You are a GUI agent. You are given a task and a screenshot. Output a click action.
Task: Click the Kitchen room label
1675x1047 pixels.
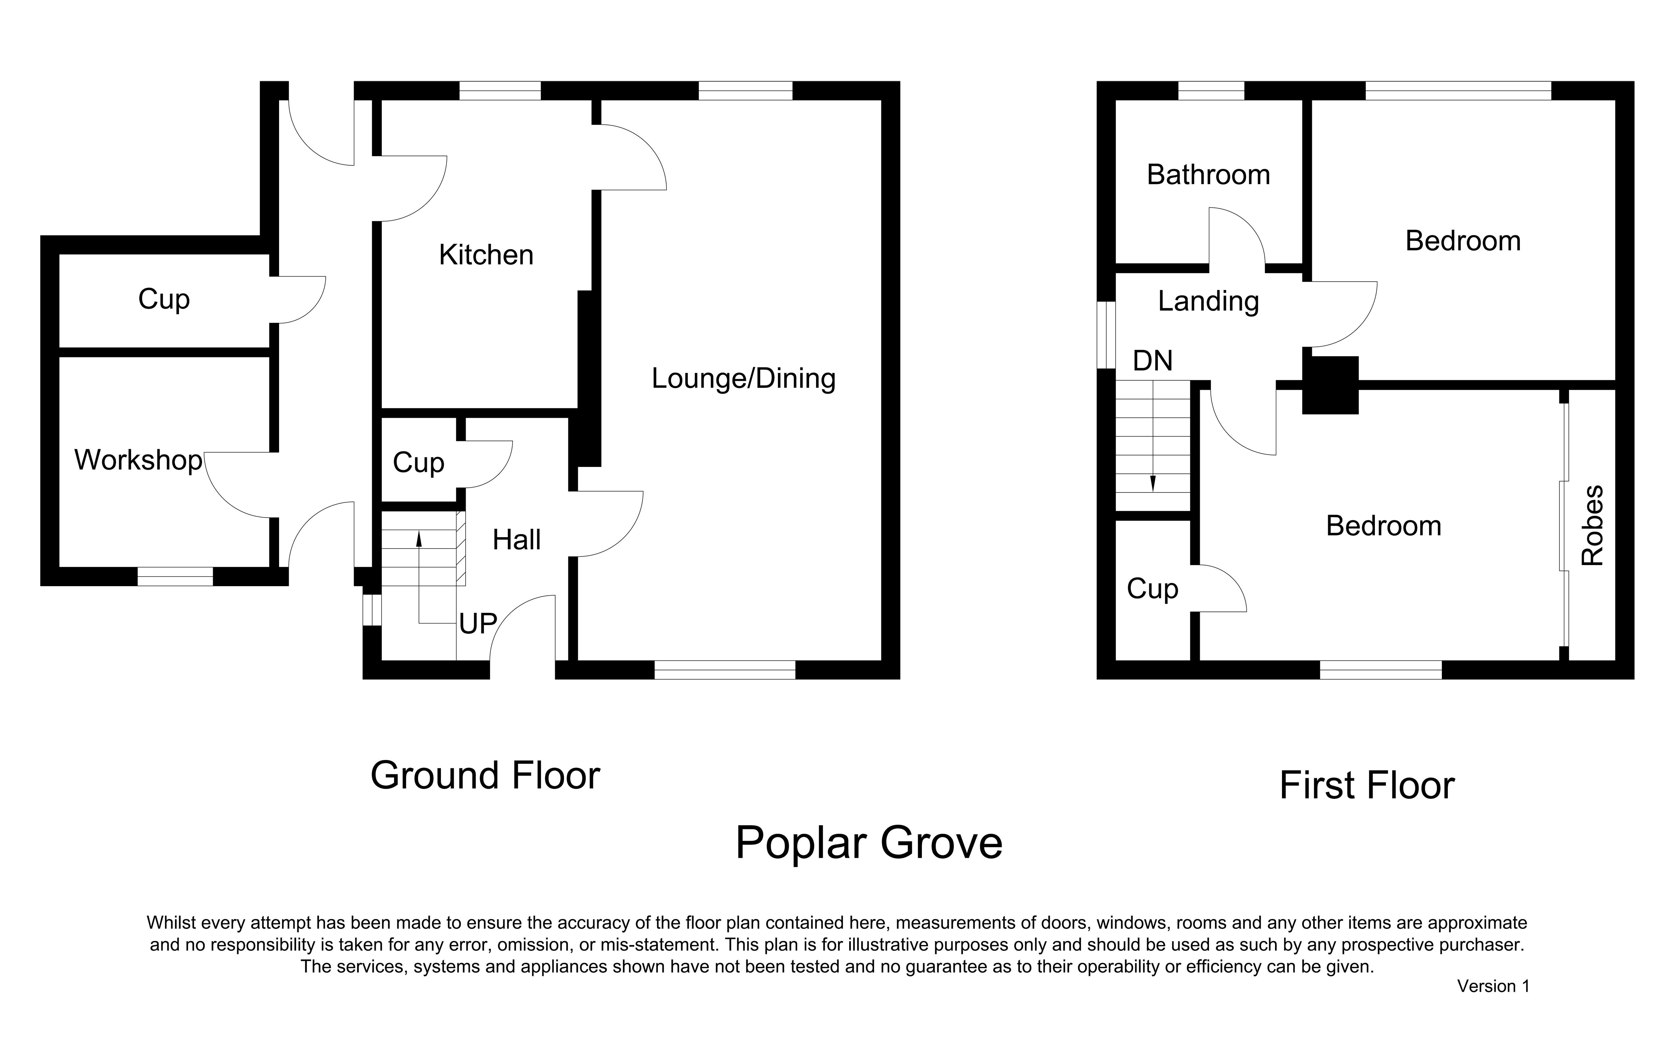(x=486, y=255)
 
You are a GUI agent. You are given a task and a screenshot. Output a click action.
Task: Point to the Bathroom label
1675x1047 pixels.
(x=1208, y=174)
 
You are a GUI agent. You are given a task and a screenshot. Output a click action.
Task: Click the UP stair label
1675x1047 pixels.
(x=478, y=624)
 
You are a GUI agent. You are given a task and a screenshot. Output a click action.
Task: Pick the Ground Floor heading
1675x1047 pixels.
(x=485, y=776)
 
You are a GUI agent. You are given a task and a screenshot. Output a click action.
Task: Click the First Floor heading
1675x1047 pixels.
(x=1367, y=785)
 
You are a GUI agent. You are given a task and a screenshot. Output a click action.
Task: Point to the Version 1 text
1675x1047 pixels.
(x=1493, y=986)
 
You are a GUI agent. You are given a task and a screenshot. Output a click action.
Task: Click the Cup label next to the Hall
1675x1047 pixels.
(x=418, y=463)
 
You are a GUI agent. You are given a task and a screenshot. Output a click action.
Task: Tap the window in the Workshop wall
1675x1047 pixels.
(x=175, y=576)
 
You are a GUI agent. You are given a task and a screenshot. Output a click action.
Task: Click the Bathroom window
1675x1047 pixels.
(x=1211, y=91)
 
